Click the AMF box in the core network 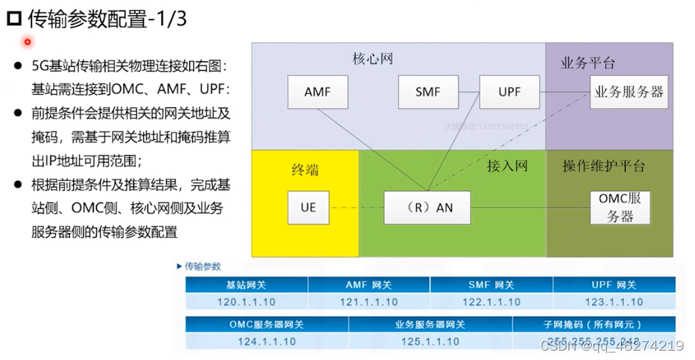click(x=318, y=93)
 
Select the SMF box click(x=428, y=93)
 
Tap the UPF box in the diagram click(x=510, y=93)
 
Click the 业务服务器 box click(x=627, y=93)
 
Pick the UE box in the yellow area click(x=308, y=208)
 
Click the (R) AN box click(x=427, y=208)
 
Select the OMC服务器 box click(x=620, y=208)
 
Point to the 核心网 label click(x=373, y=58)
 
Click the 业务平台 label click(x=588, y=63)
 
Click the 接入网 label click(x=507, y=167)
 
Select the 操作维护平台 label click(x=604, y=167)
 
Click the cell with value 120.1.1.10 click(x=247, y=302)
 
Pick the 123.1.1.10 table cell click(x=615, y=302)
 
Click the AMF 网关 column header click(x=369, y=285)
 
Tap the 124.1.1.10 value click(x=267, y=341)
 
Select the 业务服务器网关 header click(x=430, y=325)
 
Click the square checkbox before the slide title click(x=13, y=19)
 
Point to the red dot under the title click(x=27, y=42)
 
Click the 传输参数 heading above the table click(x=203, y=266)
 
